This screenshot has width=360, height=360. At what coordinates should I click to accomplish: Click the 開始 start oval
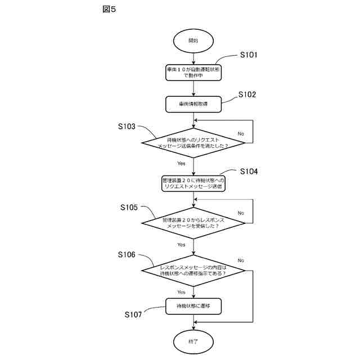coord(193,41)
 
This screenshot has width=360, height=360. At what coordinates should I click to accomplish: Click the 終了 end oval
coord(193,340)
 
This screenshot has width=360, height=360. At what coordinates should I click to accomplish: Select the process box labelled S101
coord(193,71)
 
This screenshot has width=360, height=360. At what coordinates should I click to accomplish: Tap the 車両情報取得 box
coord(193,104)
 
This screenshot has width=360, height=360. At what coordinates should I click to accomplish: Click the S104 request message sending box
coord(193,183)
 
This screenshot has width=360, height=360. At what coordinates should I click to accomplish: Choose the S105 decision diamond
coord(193,223)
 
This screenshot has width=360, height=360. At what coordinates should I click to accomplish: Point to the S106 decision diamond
coord(193,270)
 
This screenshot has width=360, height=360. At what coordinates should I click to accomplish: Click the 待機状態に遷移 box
coord(193,305)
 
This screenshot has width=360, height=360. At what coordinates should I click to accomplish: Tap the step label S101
coord(248,55)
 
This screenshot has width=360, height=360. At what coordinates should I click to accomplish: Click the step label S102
coord(247,94)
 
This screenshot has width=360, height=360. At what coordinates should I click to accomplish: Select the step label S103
coord(127,127)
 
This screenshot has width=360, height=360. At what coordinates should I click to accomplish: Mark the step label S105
coord(129,208)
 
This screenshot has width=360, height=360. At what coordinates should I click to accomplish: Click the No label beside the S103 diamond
coord(241,134)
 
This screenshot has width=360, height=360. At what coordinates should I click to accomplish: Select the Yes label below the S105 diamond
coord(181,245)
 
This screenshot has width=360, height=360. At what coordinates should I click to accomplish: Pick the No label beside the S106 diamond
coord(241,260)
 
